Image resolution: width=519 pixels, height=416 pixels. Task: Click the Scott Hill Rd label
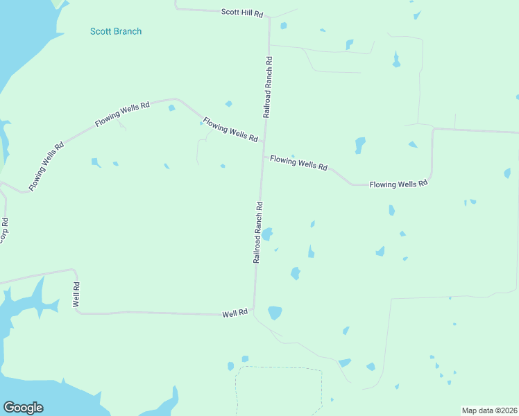(x=243, y=12)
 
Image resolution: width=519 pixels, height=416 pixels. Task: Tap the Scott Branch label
(x=116, y=31)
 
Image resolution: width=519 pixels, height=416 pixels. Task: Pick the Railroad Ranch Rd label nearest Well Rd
(x=258, y=232)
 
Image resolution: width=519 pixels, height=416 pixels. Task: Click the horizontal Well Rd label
(x=235, y=313)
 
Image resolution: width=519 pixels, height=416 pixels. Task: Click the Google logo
(x=23, y=408)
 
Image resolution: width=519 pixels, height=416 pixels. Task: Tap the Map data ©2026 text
(x=490, y=410)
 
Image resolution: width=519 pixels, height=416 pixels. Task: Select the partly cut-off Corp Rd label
(x=4, y=230)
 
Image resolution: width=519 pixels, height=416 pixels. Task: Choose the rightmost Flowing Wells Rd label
(x=398, y=184)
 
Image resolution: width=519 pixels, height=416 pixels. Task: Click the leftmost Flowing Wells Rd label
(x=46, y=167)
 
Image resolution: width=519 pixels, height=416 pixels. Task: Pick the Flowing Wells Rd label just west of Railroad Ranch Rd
(x=230, y=130)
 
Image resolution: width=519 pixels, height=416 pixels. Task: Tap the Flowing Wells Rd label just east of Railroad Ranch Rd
(x=298, y=162)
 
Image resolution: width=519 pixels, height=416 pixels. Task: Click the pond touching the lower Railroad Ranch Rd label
(x=267, y=234)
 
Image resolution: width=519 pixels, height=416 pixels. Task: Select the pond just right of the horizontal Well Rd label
(x=275, y=313)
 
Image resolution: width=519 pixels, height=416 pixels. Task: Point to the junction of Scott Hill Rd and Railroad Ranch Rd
(x=269, y=17)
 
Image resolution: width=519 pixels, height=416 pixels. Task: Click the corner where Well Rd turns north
(x=76, y=311)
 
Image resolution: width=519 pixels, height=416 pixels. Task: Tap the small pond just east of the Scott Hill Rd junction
(x=283, y=26)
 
